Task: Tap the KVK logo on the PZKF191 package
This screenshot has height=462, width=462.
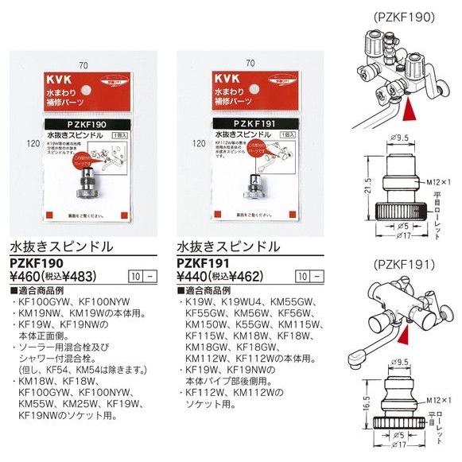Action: (227, 82)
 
